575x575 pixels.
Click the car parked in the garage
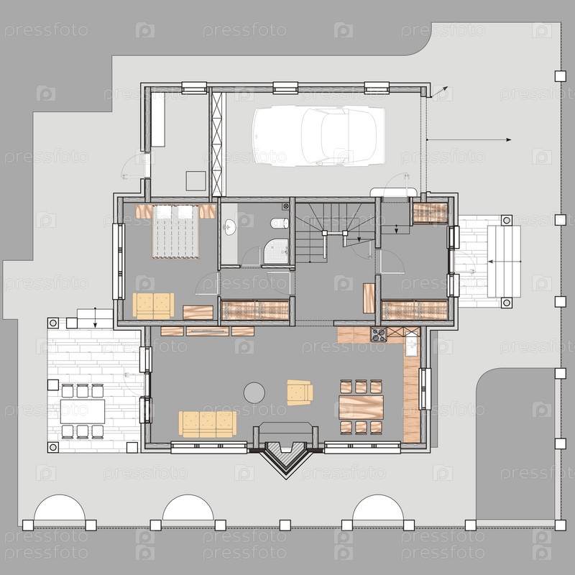click(x=318, y=135)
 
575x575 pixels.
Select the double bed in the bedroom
click(x=175, y=231)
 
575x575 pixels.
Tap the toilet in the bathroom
click(x=280, y=223)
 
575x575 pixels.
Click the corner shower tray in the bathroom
click(x=276, y=251)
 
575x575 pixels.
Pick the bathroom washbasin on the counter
click(x=230, y=227)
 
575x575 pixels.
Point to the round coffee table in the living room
click(x=254, y=392)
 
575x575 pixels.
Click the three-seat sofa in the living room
click(x=208, y=424)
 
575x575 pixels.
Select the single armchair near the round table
click(x=300, y=392)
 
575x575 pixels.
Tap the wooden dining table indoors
click(x=362, y=407)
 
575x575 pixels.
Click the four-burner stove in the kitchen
click(x=379, y=334)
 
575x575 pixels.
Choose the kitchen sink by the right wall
click(x=411, y=345)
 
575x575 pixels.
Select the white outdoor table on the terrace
click(x=83, y=411)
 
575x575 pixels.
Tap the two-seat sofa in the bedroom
click(x=153, y=306)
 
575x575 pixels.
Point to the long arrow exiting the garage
click(x=469, y=139)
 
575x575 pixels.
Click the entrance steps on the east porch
click(x=504, y=262)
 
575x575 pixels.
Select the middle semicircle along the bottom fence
click(x=188, y=507)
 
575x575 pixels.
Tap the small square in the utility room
click(x=195, y=181)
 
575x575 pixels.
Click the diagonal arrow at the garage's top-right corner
click(x=439, y=92)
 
